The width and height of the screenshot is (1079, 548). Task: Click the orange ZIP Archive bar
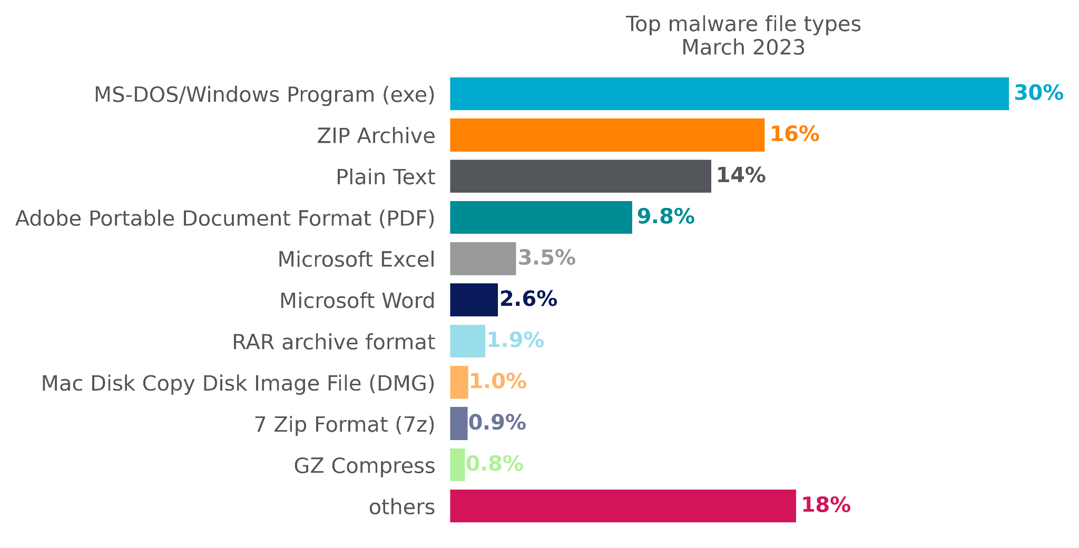click(607, 135)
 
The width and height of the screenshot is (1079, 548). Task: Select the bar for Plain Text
click(580, 176)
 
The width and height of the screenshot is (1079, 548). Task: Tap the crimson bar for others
click(623, 506)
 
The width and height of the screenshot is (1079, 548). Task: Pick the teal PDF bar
click(541, 217)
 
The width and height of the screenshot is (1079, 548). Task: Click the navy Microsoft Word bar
click(474, 300)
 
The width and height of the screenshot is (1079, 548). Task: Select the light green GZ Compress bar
click(457, 464)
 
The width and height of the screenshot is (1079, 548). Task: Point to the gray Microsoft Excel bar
click(483, 258)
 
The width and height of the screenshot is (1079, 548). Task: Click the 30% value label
click(1038, 93)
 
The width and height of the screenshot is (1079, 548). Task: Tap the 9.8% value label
click(665, 217)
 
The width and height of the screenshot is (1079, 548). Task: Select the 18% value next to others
click(826, 505)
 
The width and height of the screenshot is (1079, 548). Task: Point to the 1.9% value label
click(515, 341)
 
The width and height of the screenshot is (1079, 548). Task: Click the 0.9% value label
click(497, 423)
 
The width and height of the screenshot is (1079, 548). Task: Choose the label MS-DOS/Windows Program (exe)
click(264, 95)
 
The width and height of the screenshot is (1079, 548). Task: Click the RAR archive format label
click(333, 342)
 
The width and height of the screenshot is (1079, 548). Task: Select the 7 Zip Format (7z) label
click(345, 424)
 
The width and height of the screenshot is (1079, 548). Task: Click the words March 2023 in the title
click(743, 47)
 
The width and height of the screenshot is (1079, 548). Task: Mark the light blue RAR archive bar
click(467, 341)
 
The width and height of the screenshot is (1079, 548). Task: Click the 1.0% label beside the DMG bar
click(497, 382)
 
